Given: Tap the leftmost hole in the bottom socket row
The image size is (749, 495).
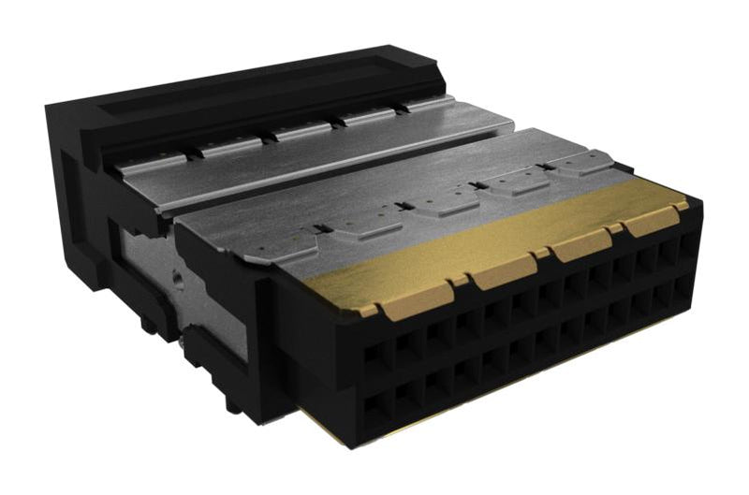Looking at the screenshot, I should pyautogui.click(x=376, y=409).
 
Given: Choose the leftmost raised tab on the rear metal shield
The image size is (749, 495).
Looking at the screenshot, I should pyautogui.click(x=225, y=146).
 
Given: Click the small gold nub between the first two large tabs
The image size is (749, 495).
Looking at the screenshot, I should pyautogui.click(x=459, y=281).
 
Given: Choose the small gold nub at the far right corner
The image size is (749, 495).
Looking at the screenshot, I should pyautogui.click(x=681, y=203).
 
